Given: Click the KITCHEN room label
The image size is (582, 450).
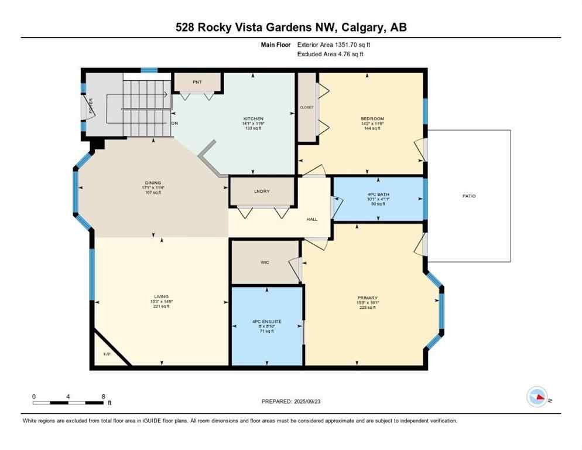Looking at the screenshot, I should (254, 118).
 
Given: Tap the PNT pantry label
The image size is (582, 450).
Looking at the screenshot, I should (197, 82).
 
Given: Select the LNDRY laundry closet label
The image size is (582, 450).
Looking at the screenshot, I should (261, 191).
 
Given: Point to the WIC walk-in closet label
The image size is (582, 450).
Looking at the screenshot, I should (265, 262).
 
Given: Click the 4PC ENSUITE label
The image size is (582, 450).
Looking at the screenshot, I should (267, 322).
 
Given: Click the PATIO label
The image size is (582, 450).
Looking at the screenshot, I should (468, 196).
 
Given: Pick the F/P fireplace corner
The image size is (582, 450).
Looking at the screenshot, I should (107, 354).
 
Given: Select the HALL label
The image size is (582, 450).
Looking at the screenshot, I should (312, 219).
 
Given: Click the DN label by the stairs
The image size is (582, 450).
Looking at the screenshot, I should (174, 124).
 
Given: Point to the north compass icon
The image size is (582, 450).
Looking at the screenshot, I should (537, 397).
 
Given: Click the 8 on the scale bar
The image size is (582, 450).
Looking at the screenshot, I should (103, 397).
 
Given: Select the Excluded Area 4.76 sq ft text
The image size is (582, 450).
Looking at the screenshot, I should (331, 54).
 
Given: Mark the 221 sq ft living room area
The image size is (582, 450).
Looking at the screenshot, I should (161, 306).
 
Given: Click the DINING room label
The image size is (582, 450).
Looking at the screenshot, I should (153, 183).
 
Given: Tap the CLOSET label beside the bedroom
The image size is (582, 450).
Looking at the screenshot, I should (307, 107).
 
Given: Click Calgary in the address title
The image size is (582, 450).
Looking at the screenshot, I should (358, 28).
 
